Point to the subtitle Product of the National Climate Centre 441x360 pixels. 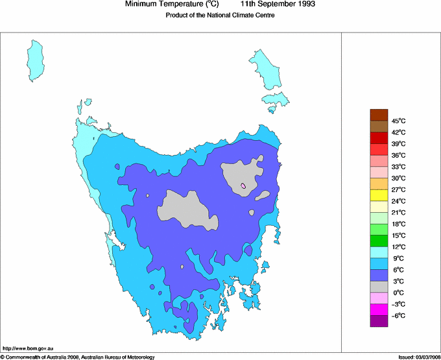(x=220, y=15)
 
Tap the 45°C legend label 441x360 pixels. (x=398, y=121)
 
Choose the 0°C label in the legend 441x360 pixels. (x=398, y=293)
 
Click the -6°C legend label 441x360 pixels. (x=398, y=315)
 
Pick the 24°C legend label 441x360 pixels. (x=398, y=201)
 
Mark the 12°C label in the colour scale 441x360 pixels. (x=398, y=246)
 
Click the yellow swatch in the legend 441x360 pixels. (x=379, y=195)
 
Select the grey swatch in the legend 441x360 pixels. (x=379, y=286)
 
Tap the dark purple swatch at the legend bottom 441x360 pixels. (x=379, y=320)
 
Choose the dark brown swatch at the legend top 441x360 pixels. (x=379, y=115)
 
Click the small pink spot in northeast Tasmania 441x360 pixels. (x=244, y=186)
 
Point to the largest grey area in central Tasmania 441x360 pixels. (x=187, y=210)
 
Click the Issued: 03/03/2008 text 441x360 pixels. (x=419, y=356)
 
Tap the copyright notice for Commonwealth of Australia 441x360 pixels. (x=78, y=356)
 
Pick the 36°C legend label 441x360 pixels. (x=398, y=155)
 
